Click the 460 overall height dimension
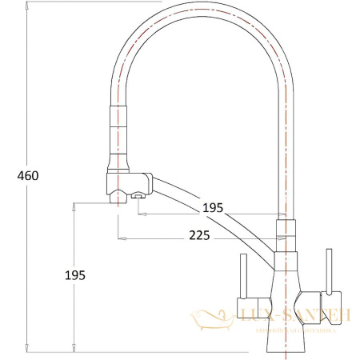(27, 175)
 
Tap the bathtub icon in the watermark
(212, 319)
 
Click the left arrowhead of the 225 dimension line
(120, 238)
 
